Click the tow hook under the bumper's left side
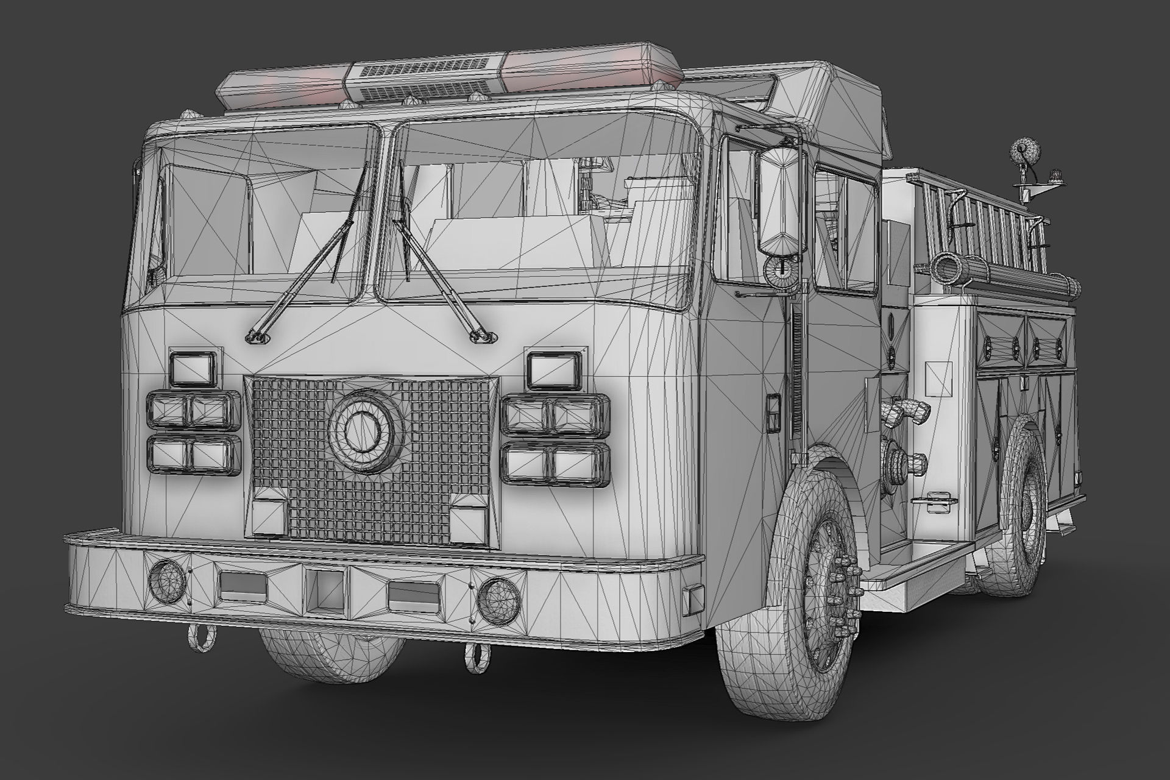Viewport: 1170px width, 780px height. click(x=201, y=640)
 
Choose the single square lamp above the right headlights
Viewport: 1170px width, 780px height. click(x=555, y=370)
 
